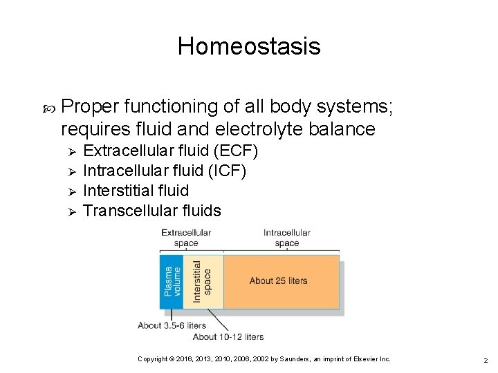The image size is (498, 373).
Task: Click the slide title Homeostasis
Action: [x=249, y=46]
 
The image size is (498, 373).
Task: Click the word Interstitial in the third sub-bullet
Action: [x=119, y=190]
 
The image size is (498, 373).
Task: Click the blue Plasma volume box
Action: [x=171, y=284]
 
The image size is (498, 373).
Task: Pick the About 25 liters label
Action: [x=278, y=281]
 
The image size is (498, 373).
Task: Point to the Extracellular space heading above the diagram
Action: [x=186, y=238]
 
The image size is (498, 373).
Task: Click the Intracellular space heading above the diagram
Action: [x=286, y=238]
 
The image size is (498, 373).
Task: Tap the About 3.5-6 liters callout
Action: [x=172, y=325]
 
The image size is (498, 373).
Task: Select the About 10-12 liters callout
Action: [x=228, y=336]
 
